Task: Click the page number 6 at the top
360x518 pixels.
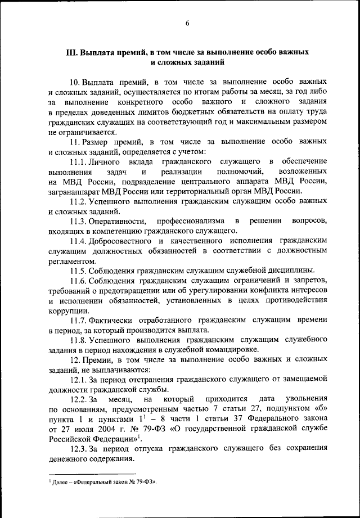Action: click(188, 22)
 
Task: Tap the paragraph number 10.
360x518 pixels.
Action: click(75, 82)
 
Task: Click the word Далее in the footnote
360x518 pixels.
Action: click(61, 481)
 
